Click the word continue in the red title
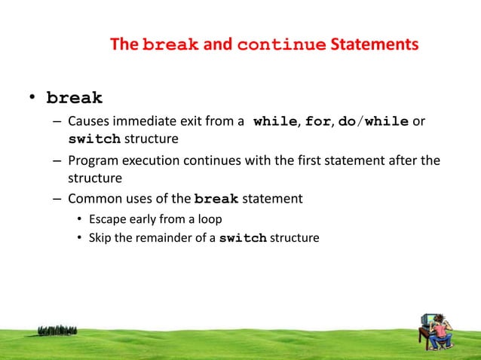[x=281, y=44]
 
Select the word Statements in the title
[x=374, y=44]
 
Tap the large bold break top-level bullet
[x=74, y=99]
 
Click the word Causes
[x=88, y=121]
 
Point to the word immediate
[x=142, y=121]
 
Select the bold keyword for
[x=317, y=122]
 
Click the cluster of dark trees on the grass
[x=57, y=329]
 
